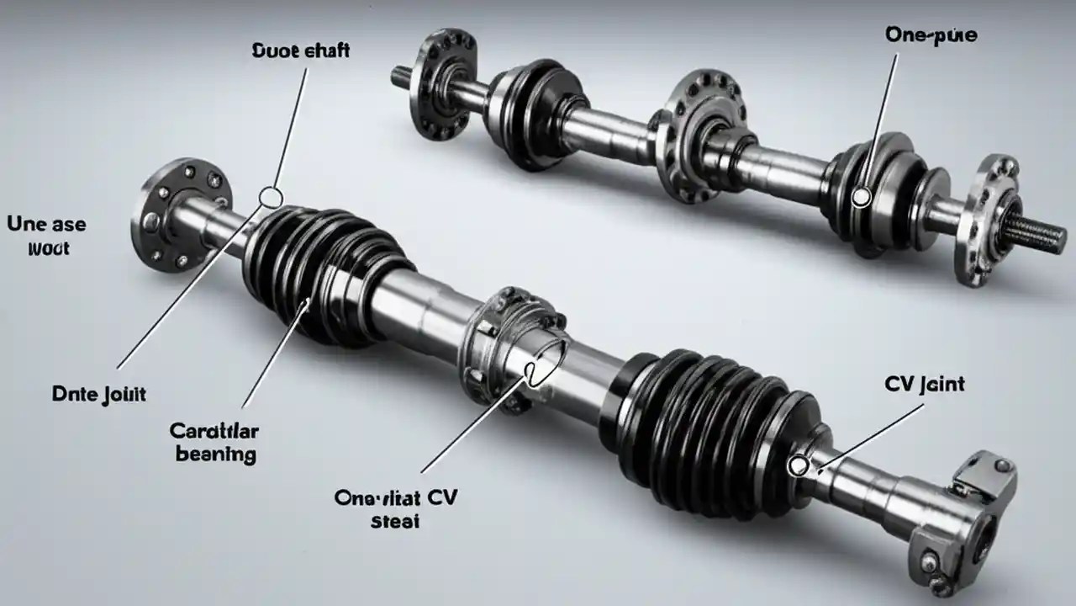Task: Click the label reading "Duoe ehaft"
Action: (300, 50)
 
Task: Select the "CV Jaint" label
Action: (925, 385)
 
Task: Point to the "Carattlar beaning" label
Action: (214, 443)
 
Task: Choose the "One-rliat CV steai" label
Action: (395, 508)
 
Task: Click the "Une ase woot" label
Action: (46, 237)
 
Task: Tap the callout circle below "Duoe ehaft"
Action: (271, 197)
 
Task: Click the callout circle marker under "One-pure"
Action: (860, 198)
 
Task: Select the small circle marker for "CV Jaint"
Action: (798, 465)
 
